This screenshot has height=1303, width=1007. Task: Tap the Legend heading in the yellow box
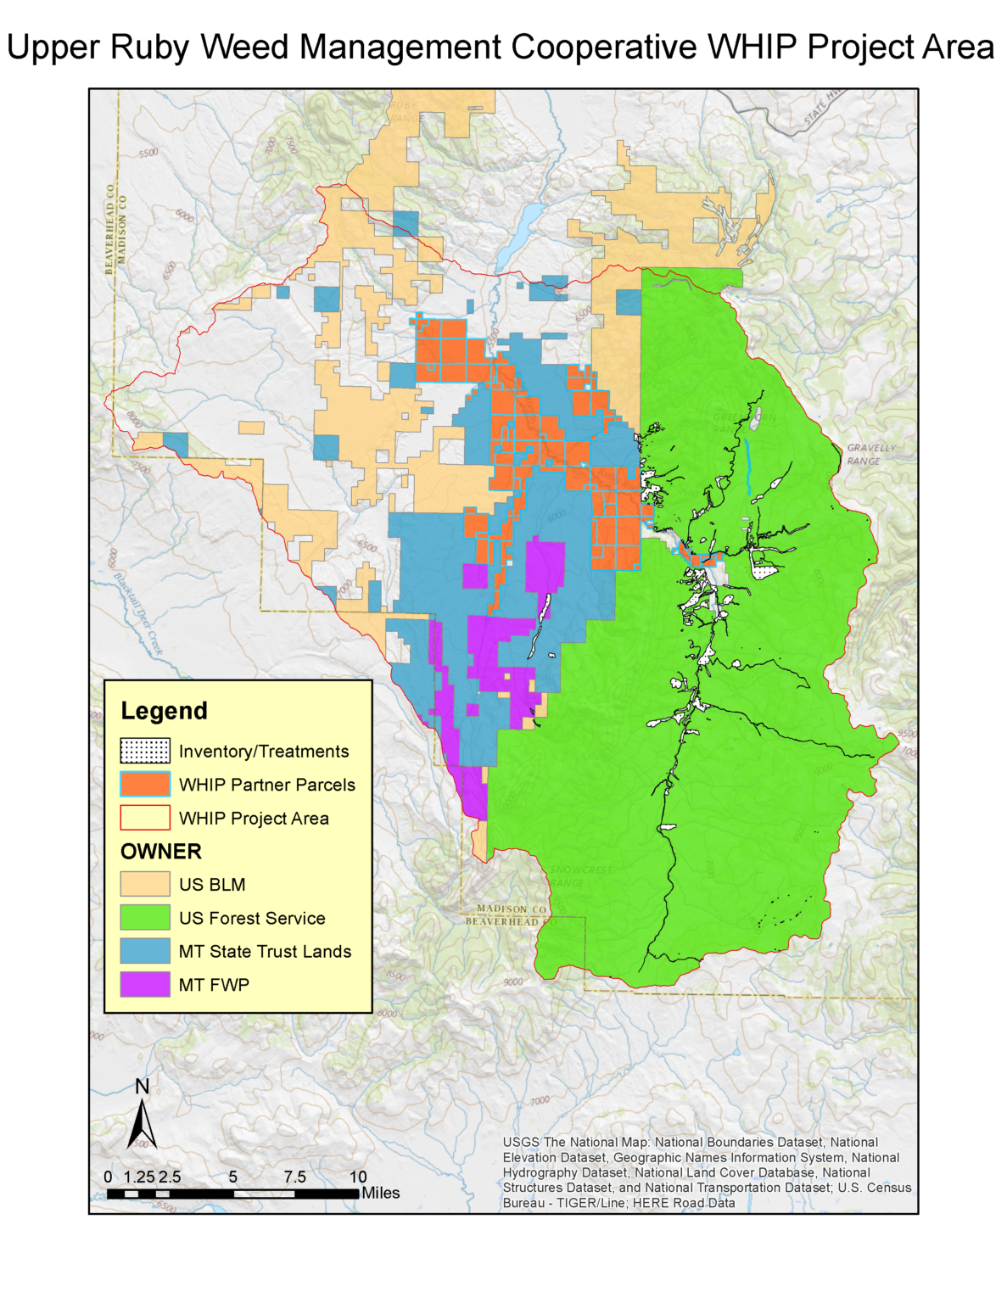coord(164,711)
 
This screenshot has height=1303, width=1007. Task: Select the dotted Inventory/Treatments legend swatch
coord(144,751)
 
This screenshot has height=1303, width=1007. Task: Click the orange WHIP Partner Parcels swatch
coord(144,784)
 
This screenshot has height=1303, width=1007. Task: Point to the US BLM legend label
coord(212,885)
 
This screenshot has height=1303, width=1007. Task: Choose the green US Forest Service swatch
coord(144,917)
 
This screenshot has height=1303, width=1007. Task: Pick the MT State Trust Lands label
coord(265,952)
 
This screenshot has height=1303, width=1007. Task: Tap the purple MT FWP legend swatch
coord(144,984)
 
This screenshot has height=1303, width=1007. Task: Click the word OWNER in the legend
coord(161,852)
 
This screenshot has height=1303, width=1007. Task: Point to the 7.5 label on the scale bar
coord(294,1177)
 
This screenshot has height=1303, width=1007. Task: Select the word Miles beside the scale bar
coord(381,1193)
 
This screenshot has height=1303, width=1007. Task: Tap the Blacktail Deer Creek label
coord(137,612)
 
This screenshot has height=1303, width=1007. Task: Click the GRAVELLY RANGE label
coord(870,454)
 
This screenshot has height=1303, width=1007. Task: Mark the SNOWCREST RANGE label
coord(579,876)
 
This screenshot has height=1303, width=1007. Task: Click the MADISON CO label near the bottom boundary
coord(512,909)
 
